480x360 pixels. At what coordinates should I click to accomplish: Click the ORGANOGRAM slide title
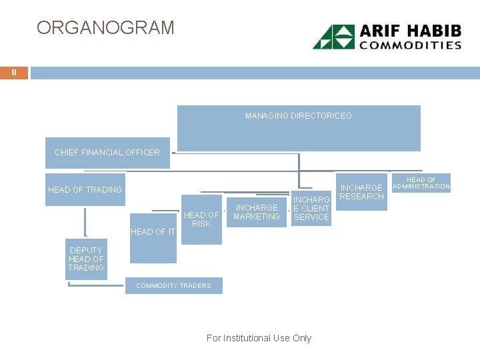105,28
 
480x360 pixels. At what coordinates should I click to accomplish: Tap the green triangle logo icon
334,37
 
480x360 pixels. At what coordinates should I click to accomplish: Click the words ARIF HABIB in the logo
410,31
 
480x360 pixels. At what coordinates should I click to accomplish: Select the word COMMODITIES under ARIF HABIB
411,45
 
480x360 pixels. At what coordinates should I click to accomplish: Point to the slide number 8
13,72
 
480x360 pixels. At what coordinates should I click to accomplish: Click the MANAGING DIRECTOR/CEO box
298,127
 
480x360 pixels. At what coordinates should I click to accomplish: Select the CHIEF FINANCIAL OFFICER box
107,152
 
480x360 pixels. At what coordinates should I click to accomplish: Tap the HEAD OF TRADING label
85,190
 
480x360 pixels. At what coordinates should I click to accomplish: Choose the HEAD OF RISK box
201,221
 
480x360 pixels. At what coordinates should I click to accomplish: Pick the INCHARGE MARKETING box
257,212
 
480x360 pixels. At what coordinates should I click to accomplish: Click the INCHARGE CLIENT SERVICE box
311,209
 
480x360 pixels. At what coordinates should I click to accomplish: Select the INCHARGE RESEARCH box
361,192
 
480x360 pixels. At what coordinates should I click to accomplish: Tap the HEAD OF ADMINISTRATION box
421,183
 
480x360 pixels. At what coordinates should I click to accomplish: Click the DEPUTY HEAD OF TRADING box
86,259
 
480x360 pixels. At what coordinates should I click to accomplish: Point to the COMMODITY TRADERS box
173,286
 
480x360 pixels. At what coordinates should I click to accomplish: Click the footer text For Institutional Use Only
259,338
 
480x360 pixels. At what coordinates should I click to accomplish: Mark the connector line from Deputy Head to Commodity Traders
97,287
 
